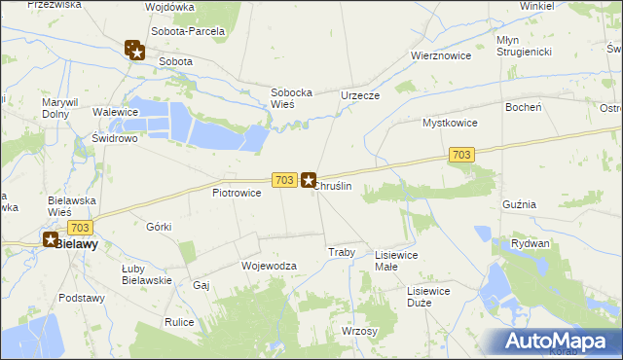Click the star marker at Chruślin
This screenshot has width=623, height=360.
[309, 180]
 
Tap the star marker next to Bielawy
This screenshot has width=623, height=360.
[51, 238]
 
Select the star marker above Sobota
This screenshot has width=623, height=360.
[136, 52]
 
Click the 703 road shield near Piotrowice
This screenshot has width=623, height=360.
[283, 180]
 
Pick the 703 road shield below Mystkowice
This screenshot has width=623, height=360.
[462, 155]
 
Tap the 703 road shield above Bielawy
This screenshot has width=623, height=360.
[80, 227]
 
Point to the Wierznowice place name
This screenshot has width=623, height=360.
[441, 55]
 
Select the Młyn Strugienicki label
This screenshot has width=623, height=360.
[525, 45]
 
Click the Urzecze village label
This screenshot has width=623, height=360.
[359, 95]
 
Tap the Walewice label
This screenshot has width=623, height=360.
[113, 112]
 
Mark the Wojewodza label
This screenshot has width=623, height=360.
[268, 265]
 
